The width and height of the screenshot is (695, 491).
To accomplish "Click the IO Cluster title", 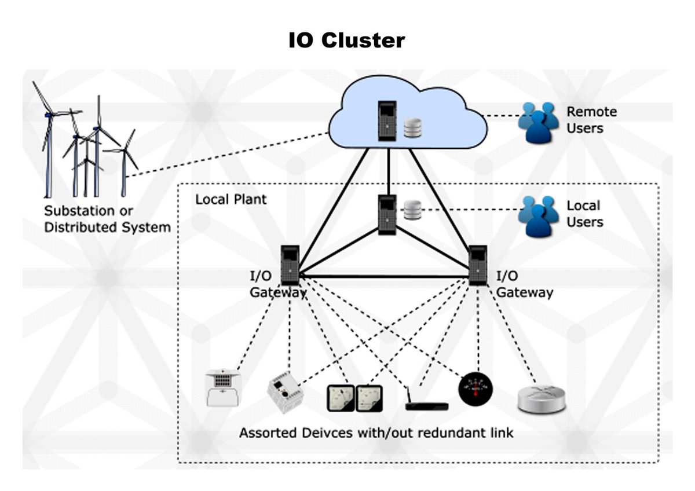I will [x=346, y=41].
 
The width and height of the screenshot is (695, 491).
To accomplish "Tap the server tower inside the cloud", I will [x=387, y=120].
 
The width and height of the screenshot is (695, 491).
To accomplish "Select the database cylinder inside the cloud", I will [x=412, y=128].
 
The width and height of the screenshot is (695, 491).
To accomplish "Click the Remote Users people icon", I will [x=538, y=122].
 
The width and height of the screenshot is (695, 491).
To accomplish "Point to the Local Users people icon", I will [x=538, y=215].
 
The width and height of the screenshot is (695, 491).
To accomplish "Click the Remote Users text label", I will [x=591, y=120].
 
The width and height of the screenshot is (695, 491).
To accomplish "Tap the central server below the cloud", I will [x=387, y=214].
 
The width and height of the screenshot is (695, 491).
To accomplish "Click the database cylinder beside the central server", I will [x=412, y=210].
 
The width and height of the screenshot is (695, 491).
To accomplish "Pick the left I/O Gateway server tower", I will [x=290, y=265].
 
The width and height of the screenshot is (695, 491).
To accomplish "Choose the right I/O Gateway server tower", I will [x=477, y=265].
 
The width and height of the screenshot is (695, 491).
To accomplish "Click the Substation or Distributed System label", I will [x=108, y=218].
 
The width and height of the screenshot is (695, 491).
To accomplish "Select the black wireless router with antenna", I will [x=426, y=405].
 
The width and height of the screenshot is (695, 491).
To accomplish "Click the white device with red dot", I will [x=223, y=386].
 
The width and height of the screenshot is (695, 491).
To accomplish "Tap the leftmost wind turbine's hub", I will [x=49, y=115].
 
